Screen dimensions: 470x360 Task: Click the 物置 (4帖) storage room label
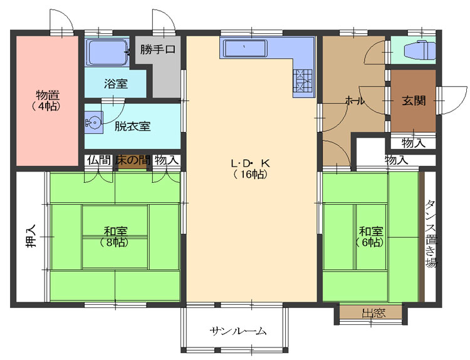pos(48,101)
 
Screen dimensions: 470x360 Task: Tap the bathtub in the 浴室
pos(107,52)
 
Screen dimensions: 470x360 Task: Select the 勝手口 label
pos(158,49)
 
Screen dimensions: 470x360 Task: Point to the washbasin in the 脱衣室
pos(93,123)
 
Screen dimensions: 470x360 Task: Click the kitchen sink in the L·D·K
pos(246,48)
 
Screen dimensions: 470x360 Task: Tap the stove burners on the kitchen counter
pos(303,80)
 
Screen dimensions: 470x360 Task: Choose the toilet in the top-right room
pos(419,50)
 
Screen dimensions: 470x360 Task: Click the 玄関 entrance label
pos(414,101)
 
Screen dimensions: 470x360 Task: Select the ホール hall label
pos(355,101)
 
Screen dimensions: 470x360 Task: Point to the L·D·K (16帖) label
pos(251,168)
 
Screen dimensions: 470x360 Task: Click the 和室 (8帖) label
pos(115,237)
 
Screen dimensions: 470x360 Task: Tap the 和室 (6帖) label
pos(371,237)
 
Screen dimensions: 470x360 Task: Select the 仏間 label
pos(99,160)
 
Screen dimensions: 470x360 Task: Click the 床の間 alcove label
pos(132,160)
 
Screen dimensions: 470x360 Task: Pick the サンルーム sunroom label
pos(238,331)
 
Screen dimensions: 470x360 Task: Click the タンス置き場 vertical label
pos(431,234)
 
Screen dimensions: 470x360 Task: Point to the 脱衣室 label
pos(132,126)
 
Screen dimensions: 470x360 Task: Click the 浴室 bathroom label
pos(116,83)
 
